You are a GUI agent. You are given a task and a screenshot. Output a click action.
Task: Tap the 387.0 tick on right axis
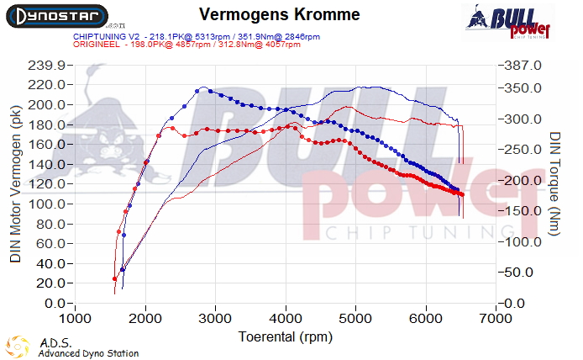click(524, 66)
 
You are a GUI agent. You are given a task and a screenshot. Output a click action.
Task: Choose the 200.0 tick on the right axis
click(524, 181)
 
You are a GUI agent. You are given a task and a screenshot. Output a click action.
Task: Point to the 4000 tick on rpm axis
click(286, 319)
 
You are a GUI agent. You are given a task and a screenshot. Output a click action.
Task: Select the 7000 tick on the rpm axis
click(496, 319)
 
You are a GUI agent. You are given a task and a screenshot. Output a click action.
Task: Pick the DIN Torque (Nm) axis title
click(555, 183)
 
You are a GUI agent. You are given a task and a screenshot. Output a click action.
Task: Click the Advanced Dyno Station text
click(89, 354)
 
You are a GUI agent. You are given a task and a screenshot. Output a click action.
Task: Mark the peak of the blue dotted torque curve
click(201, 89)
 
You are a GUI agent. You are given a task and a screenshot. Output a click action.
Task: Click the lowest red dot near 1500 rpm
click(115, 279)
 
